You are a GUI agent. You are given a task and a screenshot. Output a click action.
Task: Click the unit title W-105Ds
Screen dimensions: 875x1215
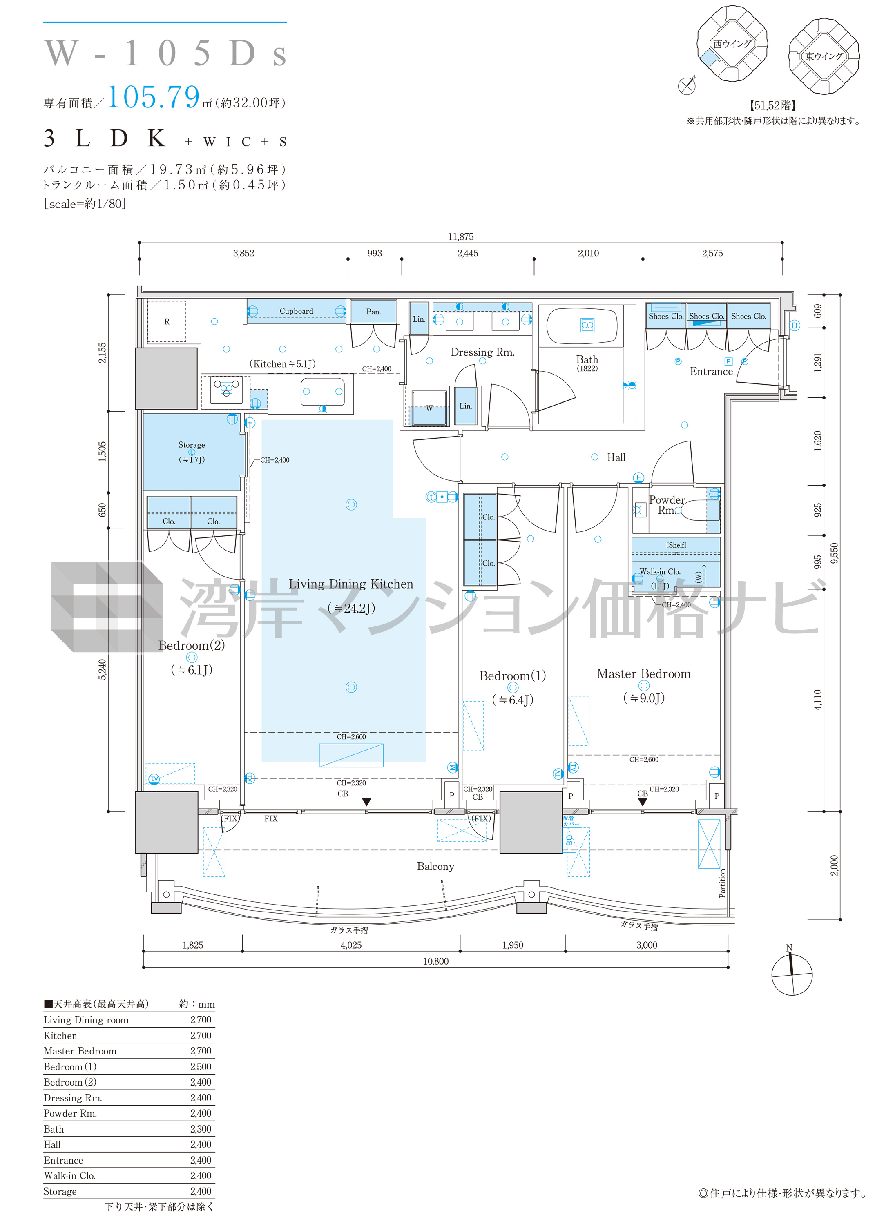point(165,54)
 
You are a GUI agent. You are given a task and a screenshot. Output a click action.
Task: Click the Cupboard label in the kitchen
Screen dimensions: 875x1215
point(296,311)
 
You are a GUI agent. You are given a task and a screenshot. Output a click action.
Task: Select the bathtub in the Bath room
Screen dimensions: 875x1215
point(582,325)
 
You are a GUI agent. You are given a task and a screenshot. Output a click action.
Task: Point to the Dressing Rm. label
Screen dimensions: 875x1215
point(482,352)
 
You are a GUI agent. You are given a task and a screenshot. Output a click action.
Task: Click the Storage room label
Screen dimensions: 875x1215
point(191,445)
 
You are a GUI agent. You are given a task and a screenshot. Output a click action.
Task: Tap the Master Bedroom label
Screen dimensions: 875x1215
point(643,674)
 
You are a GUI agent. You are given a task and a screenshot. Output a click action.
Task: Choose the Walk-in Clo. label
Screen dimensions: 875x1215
point(660,572)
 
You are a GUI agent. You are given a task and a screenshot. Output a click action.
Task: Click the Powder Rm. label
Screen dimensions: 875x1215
point(667,505)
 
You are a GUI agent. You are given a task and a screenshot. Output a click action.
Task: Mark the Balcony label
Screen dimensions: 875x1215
point(435,866)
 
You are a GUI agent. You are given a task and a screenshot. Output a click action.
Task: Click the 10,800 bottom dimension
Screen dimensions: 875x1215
point(435,961)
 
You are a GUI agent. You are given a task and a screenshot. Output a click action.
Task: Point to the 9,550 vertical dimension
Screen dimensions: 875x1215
point(834,553)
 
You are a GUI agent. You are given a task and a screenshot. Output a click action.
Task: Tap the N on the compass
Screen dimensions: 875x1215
point(789,947)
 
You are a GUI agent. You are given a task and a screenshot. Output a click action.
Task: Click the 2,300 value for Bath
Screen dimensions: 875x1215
point(201,1129)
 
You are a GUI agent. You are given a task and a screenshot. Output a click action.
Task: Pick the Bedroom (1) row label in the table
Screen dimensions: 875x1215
point(70,1066)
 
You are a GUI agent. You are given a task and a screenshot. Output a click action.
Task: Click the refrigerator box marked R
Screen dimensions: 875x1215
point(167,321)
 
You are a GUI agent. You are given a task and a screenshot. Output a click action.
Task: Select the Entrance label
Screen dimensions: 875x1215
point(711,371)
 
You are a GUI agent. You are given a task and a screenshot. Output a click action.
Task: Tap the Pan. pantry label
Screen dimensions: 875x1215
point(373,312)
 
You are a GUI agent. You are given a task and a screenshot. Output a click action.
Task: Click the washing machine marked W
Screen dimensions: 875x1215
point(429,408)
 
